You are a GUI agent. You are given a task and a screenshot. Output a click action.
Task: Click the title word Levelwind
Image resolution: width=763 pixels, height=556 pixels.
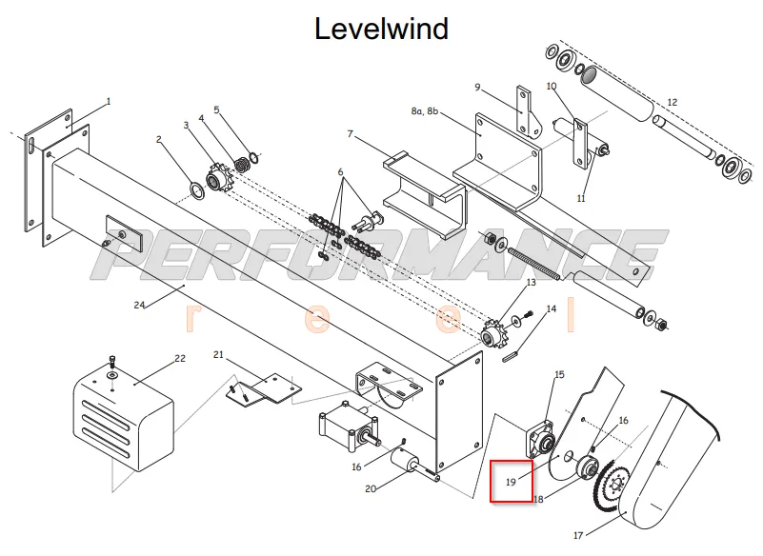381,29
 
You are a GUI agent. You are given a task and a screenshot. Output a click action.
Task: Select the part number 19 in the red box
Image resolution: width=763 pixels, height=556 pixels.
511,482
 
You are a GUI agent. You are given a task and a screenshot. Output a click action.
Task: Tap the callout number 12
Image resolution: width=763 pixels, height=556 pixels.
672,102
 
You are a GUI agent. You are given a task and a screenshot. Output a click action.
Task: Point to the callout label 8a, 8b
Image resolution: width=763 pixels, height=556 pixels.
424,111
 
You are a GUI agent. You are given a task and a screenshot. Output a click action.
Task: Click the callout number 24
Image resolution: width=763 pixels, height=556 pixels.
139,305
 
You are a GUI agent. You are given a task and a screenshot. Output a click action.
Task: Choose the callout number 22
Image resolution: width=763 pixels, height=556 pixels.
180,359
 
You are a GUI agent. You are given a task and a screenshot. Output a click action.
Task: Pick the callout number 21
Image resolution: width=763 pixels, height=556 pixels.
218,354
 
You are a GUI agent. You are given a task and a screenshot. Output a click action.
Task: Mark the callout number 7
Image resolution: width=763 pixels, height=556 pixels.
350,133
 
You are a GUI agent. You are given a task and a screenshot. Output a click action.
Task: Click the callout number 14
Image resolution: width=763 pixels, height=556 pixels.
552,308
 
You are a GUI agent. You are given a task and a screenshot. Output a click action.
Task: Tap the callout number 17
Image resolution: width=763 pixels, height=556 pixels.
578,536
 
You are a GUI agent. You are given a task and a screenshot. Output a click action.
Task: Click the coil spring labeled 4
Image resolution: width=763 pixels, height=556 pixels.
242,165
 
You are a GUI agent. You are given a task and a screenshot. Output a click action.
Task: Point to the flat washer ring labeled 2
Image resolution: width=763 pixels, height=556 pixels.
196,189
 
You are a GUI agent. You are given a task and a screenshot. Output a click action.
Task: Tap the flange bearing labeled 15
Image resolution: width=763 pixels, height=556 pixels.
539,440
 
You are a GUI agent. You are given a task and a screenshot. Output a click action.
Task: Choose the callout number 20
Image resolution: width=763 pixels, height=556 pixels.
371,488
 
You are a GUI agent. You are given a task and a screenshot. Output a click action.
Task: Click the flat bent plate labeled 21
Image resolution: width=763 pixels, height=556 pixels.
263,388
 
